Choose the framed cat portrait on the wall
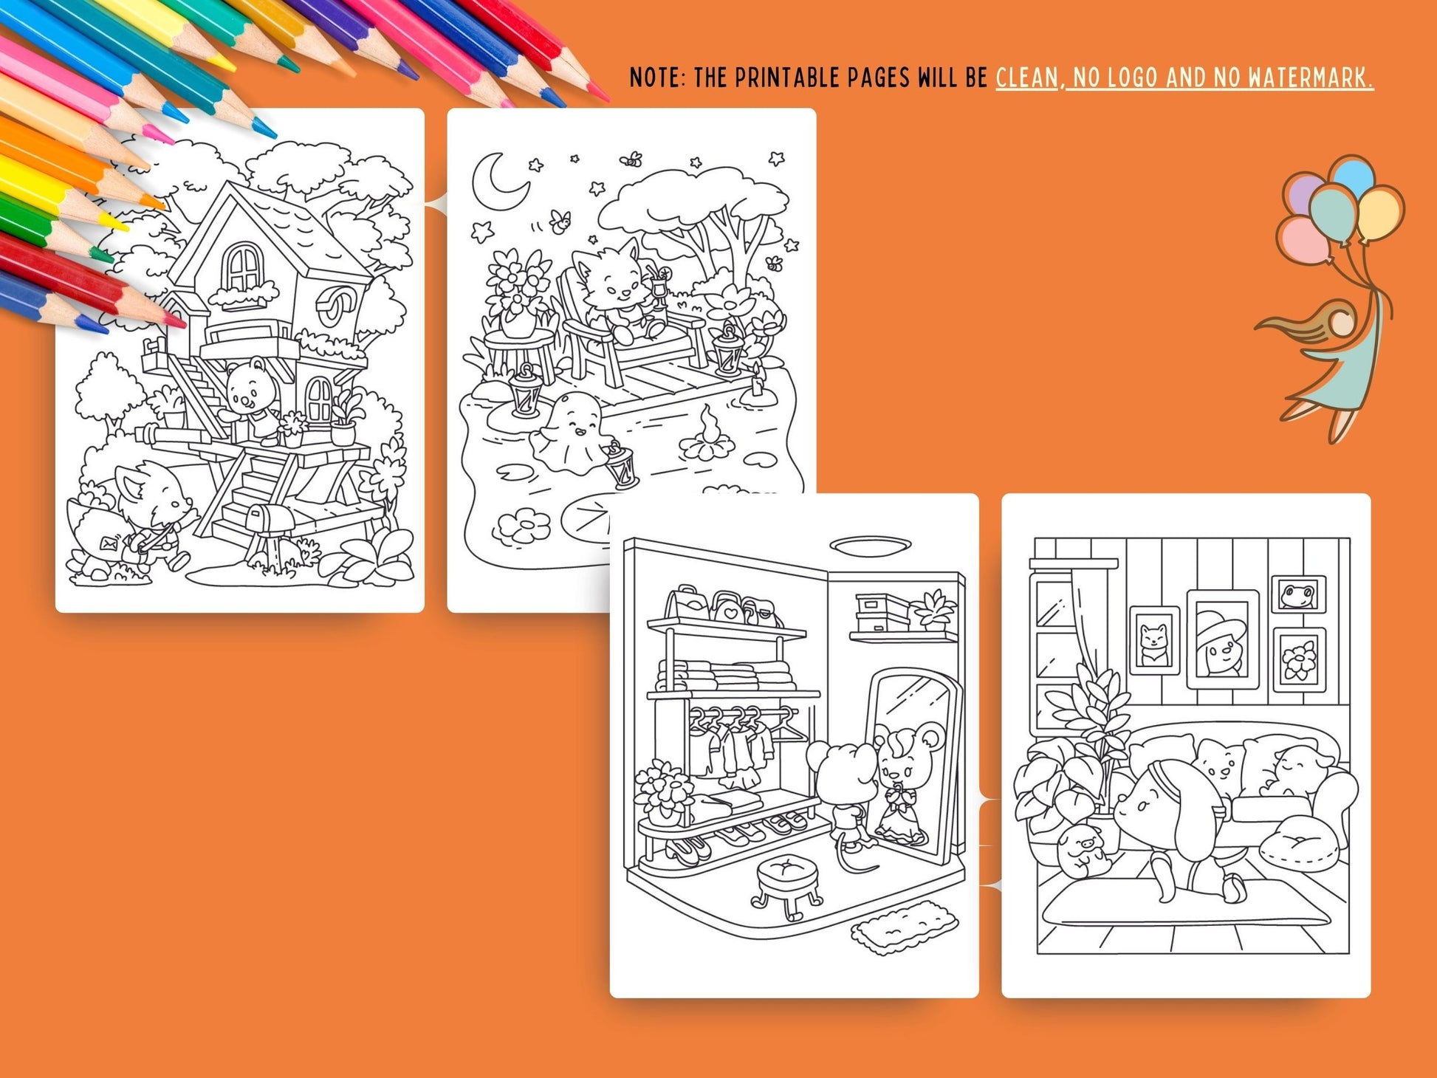[1154, 640]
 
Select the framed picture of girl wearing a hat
[1223, 639]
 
